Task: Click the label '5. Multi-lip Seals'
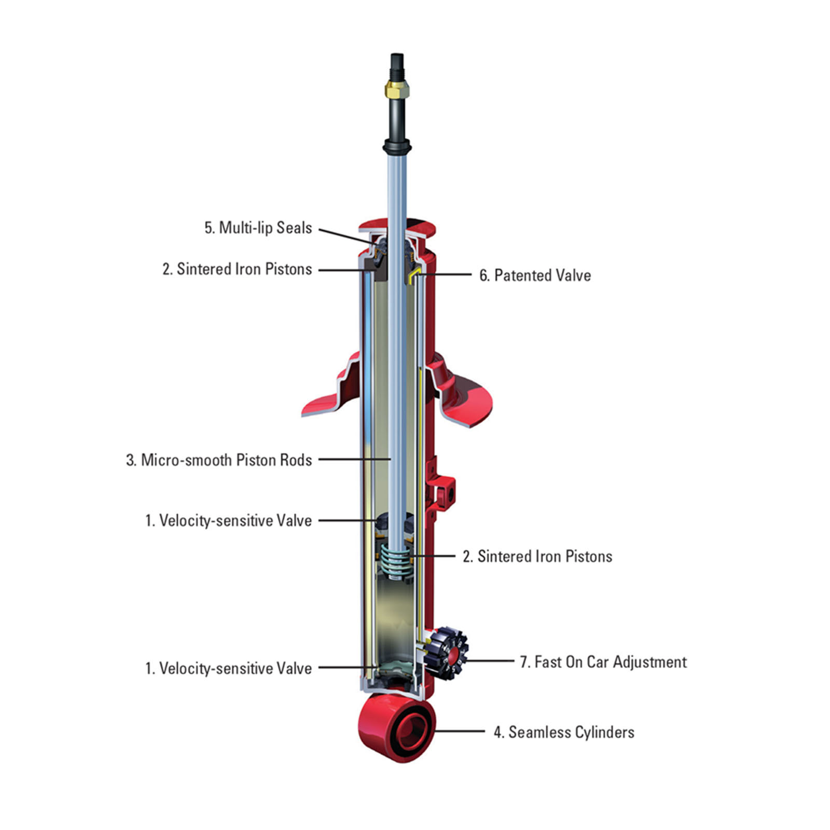(258, 228)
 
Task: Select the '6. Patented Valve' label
(535, 275)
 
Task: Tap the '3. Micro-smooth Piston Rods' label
(219, 460)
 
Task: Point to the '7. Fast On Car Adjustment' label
(603, 662)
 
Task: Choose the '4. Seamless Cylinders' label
(564, 732)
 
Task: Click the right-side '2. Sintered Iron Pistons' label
(537, 556)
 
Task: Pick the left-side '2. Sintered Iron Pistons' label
(237, 269)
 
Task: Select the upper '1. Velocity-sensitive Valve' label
(228, 520)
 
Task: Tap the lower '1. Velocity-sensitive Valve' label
(228, 668)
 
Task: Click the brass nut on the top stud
(397, 89)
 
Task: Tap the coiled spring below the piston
(397, 562)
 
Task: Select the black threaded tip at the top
(397, 65)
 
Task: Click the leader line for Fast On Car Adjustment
(490, 661)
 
